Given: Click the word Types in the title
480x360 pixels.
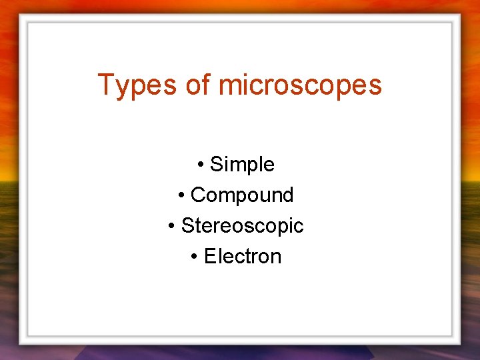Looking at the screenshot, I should click(x=135, y=85).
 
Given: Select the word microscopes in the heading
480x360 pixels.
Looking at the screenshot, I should click(x=300, y=85).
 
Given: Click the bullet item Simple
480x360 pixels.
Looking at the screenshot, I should click(x=242, y=164).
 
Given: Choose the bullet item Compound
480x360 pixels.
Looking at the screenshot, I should click(x=242, y=195).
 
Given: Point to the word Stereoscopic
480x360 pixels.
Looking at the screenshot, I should click(x=242, y=225).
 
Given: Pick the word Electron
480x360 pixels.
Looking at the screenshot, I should click(x=243, y=256).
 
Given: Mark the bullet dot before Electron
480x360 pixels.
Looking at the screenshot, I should click(x=194, y=257).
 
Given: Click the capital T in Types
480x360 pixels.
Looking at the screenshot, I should click(x=106, y=85).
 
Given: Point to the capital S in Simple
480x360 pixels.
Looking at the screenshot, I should click(x=216, y=164).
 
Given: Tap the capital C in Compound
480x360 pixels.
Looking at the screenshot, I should click(x=197, y=195).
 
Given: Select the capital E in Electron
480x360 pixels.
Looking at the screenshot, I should click(x=210, y=256).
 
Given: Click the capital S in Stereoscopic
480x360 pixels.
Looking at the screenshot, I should click(x=187, y=225).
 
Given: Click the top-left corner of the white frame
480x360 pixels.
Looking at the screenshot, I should click(x=22, y=18).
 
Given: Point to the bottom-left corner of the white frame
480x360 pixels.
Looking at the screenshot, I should click(x=22, y=341).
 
